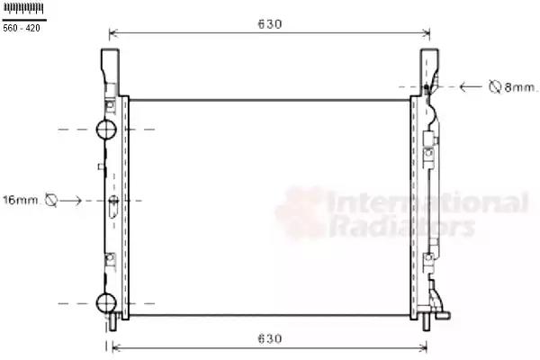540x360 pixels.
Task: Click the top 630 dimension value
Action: [270, 24]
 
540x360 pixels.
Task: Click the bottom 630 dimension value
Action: [270, 339]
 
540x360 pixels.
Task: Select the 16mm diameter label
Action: [21, 200]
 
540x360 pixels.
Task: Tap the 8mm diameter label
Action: [520, 87]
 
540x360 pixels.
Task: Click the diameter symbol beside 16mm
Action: [51, 200]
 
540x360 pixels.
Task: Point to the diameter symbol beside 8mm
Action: [495, 86]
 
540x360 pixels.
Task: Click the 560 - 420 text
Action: [22, 28]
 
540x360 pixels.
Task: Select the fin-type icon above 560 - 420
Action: [23, 8]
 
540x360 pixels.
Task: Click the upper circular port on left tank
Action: [106, 130]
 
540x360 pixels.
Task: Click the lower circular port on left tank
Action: [106, 303]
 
